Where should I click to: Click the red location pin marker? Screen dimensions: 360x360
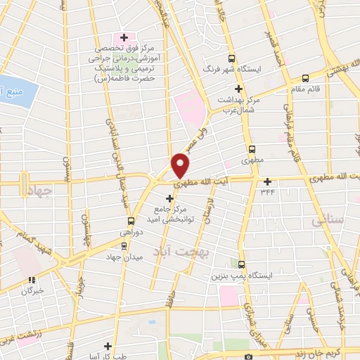(181, 164)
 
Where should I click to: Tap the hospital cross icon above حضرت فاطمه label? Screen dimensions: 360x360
(124, 37)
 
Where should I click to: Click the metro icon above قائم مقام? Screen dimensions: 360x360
(305, 79)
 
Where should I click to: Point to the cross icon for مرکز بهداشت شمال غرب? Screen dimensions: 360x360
(239, 89)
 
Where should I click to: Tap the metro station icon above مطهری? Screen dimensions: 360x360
(252, 150)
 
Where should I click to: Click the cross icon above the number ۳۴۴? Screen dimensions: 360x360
(267, 181)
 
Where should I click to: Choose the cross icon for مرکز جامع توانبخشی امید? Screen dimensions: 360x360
(169, 198)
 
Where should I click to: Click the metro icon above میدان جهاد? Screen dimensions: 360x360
(124, 245)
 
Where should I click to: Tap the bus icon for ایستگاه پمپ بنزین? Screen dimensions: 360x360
(242, 265)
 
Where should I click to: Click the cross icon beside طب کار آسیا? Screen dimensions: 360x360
(107, 346)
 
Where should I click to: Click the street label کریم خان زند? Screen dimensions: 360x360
(330, 354)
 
